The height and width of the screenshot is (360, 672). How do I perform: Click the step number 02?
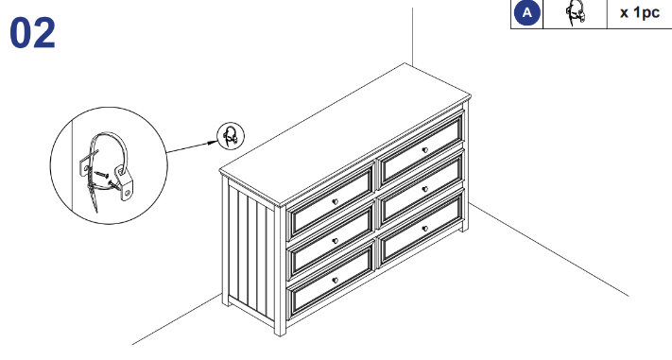(x=32, y=33)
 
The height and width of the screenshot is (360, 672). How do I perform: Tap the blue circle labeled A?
(x=526, y=13)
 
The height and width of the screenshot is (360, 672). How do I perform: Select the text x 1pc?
(x=640, y=12)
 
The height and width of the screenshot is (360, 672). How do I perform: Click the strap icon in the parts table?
(x=576, y=13)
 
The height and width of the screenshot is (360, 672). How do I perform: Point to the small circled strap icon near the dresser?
(x=231, y=136)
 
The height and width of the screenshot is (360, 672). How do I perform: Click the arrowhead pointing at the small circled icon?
(x=214, y=142)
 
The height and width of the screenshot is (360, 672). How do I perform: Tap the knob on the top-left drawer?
(x=336, y=202)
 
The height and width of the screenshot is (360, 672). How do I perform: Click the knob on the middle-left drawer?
(x=336, y=241)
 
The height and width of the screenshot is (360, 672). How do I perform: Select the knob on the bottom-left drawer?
(x=336, y=281)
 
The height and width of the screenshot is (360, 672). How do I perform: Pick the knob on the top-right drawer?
(x=424, y=150)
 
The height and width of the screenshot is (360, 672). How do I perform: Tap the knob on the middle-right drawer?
(x=424, y=189)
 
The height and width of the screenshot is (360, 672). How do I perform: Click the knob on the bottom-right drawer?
(x=424, y=229)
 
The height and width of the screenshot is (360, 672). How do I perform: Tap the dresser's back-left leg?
(x=226, y=300)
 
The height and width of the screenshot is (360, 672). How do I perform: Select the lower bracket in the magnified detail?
(x=125, y=184)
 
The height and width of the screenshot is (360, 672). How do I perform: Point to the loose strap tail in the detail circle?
(x=93, y=198)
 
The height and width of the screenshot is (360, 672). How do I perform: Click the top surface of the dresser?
(x=345, y=133)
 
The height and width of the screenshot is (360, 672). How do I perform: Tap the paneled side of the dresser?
(x=251, y=249)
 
